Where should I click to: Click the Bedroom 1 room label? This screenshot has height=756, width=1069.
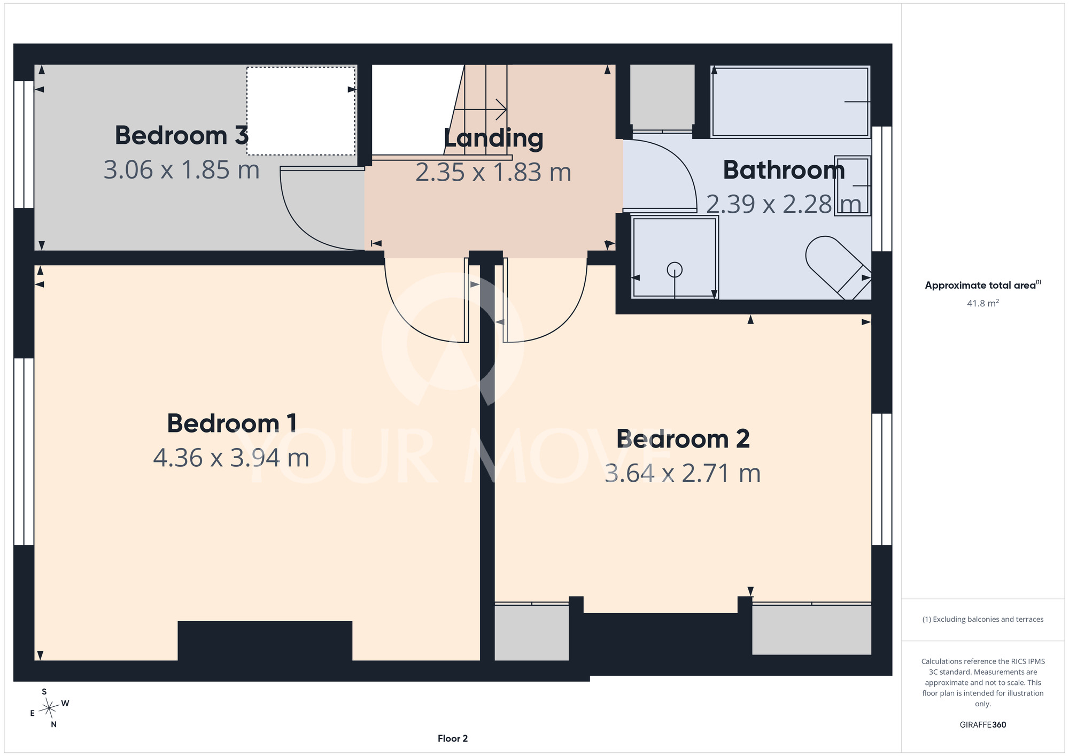pos(232,423)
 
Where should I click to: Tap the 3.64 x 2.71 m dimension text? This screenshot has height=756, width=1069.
pos(683,474)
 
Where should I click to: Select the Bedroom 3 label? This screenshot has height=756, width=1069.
pos(182,135)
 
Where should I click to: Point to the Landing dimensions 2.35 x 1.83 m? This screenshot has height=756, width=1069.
pos(493,172)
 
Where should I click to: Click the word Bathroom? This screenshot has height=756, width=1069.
pos(784,170)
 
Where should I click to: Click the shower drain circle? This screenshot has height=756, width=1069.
pos(675,270)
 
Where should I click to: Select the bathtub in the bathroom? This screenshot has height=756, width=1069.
pos(790,102)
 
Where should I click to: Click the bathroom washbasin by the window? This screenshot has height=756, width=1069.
pos(853,186)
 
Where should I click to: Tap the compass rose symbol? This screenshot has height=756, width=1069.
pos(49,708)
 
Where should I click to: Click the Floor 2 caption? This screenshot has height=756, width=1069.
pos(453,738)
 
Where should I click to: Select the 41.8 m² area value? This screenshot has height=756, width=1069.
pos(983,303)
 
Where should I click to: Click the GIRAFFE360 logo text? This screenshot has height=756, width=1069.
pos(983,725)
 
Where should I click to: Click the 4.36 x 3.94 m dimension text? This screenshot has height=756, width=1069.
pos(231,458)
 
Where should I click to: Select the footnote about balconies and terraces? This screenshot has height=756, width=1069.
pos(983,620)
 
